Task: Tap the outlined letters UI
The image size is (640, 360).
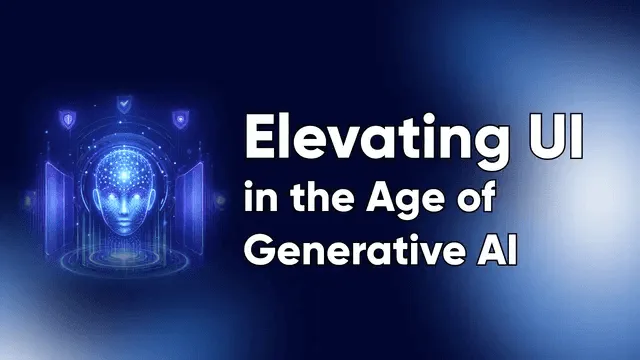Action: tap(554, 137)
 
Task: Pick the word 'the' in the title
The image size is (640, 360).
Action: tap(322, 197)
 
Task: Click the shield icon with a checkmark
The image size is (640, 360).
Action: tap(124, 104)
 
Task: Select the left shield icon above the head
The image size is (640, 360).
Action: tap(67, 119)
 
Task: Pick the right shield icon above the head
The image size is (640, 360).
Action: tap(180, 119)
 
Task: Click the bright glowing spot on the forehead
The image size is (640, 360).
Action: tap(124, 175)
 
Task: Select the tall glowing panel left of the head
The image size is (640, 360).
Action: tap(56, 207)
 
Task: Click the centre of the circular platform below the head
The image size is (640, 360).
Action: tap(123, 257)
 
